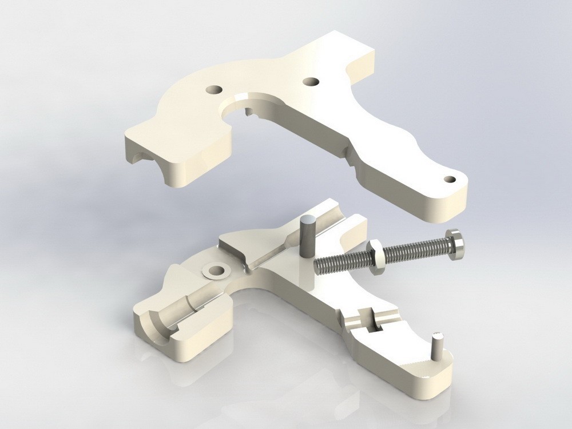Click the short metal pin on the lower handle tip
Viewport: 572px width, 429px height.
[x=438, y=345]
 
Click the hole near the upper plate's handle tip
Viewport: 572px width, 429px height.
[x=449, y=179]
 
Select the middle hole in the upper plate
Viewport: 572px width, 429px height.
[x=311, y=81]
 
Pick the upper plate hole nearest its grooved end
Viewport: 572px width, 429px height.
[x=214, y=90]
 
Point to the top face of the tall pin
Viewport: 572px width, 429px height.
[x=307, y=220]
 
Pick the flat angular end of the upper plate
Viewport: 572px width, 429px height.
[x=360, y=54]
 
